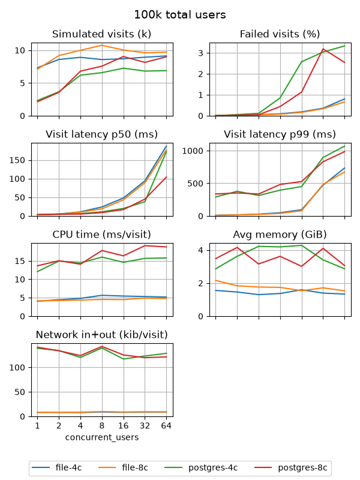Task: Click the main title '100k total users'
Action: [x=180, y=14]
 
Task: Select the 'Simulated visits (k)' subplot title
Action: [x=101, y=34]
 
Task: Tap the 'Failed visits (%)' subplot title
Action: [x=280, y=34]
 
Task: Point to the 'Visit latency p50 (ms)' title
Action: [x=101, y=134]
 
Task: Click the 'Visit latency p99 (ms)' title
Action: [x=280, y=134]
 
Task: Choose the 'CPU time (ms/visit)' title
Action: [x=101, y=235]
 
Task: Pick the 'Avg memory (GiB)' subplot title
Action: [x=280, y=235]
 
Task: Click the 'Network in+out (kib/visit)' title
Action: [x=101, y=335]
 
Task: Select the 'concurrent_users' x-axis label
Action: [x=102, y=437]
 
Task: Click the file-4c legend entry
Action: [x=57, y=468]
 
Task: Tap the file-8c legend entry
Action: [x=124, y=468]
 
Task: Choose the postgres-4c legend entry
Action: [x=201, y=468]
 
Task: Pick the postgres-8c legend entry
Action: [x=291, y=468]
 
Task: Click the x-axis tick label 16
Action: [x=124, y=426]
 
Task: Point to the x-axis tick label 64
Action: [x=166, y=426]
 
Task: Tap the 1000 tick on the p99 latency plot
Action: [x=193, y=151]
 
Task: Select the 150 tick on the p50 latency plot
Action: [x=17, y=160]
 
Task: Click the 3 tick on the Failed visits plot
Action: [x=200, y=53]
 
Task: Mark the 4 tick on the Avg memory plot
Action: [x=200, y=250]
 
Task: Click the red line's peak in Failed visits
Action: [x=323, y=49]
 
